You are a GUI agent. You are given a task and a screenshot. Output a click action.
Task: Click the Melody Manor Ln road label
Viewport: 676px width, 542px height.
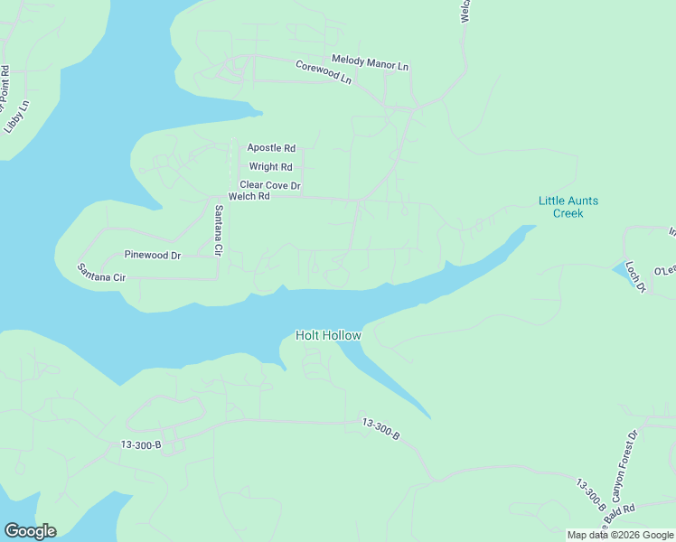click(x=371, y=62)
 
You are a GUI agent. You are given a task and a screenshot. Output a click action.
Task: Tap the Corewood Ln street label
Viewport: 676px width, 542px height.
click(x=323, y=71)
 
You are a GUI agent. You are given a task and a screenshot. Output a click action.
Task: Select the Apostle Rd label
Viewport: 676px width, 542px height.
click(x=271, y=147)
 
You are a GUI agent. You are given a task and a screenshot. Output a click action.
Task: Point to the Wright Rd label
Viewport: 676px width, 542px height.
click(x=270, y=167)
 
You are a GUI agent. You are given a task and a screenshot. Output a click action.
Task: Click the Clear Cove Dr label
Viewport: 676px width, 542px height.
click(x=269, y=185)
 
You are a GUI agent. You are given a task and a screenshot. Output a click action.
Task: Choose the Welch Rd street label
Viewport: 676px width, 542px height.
click(x=249, y=196)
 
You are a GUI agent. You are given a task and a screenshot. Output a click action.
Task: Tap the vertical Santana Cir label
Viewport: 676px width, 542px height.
click(x=218, y=231)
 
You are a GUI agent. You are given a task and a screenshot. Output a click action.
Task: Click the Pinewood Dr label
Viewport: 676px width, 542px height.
click(x=153, y=256)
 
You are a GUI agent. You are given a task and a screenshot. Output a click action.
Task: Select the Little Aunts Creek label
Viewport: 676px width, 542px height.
click(x=568, y=207)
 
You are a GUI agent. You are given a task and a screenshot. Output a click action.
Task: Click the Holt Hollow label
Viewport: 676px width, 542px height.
click(x=328, y=336)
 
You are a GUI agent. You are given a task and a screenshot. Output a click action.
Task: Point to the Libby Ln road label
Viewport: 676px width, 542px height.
click(x=17, y=116)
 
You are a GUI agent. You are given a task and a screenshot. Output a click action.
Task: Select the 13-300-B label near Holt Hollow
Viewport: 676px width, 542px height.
click(x=380, y=427)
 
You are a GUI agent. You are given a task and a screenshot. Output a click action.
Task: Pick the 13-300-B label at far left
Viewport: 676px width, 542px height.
click(x=140, y=444)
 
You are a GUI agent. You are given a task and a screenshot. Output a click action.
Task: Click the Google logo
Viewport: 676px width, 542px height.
click(x=30, y=531)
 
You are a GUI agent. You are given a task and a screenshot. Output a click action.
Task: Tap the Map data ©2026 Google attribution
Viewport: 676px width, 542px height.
click(x=620, y=535)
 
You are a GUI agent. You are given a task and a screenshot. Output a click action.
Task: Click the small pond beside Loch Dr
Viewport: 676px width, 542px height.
click(x=623, y=269)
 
